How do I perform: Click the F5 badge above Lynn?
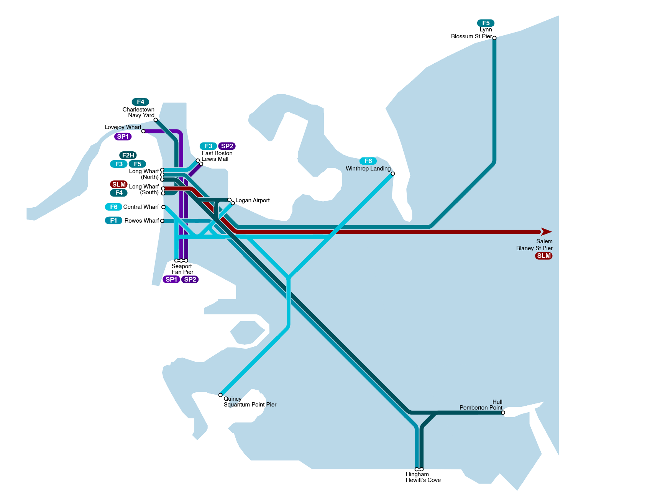(x=486, y=23)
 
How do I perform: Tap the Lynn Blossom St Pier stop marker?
(x=494, y=38)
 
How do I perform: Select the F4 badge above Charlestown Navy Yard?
(x=140, y=102)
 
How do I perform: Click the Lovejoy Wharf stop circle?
(x=143, y=131)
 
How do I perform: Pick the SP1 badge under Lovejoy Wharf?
(x=123, y=136)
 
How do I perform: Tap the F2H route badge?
(x=128, y=155)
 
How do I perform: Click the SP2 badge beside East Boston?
(x=227, y=146)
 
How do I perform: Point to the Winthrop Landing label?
(x=368, y=169)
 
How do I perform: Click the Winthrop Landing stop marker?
(x=393, y=174)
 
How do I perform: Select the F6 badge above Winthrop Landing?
(x=368, y=161)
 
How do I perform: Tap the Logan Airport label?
(x=253, y=200)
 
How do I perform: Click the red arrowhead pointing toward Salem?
(x=546, y=232)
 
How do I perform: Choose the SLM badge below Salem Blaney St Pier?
(x=543, y=256)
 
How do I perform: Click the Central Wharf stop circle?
(x=164, y=207)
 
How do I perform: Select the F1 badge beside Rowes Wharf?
(x=113, y=220)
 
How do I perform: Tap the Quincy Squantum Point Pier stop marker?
(x=220, y=395)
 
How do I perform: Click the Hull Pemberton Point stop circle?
(x=503, y=413)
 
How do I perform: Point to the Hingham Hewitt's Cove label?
(x=423, y=477)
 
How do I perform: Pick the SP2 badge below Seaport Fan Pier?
(x=190, y=279)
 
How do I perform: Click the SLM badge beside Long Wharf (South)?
(x=119, y=184)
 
